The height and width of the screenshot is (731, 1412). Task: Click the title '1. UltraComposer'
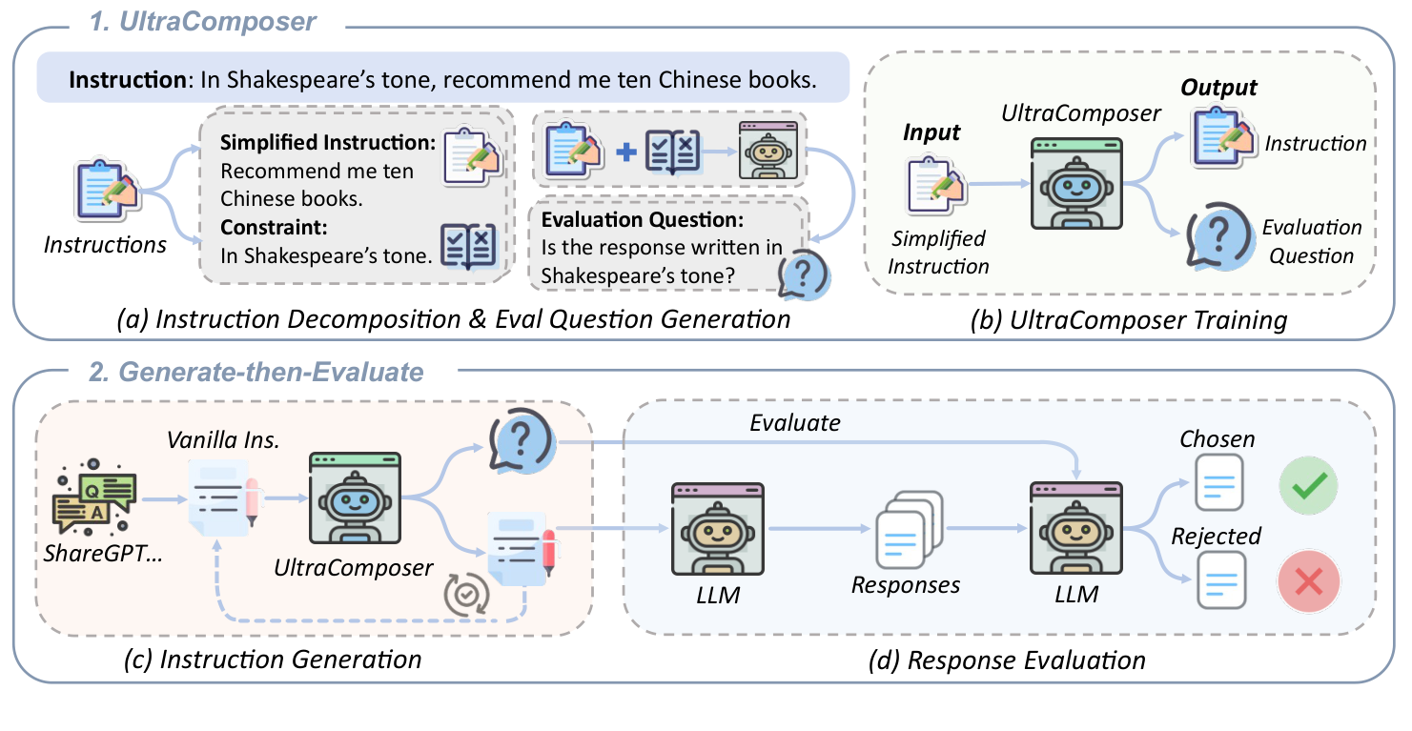202,21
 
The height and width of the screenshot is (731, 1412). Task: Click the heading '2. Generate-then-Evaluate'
256,372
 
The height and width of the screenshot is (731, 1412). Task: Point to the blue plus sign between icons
625,151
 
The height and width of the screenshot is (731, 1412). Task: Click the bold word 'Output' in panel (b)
1218,89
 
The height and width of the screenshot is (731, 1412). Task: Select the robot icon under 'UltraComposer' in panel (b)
1077,184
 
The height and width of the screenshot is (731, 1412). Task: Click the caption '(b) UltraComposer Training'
1130,320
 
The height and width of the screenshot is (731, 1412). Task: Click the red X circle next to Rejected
1308,580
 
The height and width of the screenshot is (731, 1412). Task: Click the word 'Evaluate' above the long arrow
795,422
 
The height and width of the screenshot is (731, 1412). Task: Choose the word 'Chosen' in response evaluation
1217,439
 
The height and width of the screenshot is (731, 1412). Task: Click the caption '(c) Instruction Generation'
272,659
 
